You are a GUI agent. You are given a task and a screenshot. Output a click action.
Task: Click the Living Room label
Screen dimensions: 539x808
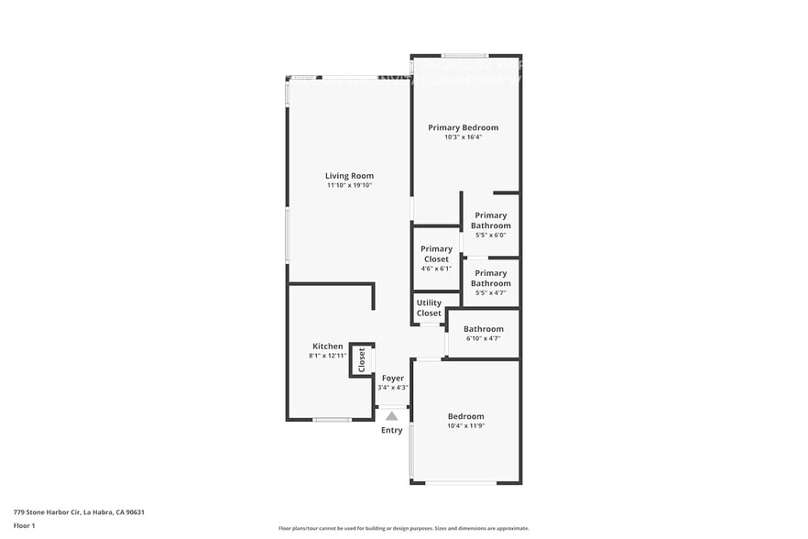point(349,176)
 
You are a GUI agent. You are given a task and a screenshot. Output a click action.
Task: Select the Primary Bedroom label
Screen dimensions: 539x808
point(463,127)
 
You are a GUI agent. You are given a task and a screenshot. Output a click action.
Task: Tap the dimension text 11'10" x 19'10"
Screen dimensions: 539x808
point(349,186)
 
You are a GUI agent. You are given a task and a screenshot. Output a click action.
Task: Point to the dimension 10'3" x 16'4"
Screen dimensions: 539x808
point(463,137)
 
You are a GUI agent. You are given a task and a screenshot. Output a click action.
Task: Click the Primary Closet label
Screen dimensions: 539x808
point(436,254)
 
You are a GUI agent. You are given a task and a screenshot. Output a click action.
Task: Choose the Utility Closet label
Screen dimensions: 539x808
point(429,308)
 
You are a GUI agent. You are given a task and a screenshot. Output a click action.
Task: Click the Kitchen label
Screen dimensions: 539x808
point(327,346)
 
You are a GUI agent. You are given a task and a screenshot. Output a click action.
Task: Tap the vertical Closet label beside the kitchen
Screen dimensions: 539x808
point(362,359)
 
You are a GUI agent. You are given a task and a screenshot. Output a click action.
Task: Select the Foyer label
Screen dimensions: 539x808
point(393,378)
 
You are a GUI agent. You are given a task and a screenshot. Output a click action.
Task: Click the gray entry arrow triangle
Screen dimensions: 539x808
point(392,416)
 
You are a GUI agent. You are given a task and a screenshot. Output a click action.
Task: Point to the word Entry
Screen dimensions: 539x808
point(392,430)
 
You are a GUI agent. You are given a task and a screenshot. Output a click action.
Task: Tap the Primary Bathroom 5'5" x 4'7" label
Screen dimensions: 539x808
point(491,278)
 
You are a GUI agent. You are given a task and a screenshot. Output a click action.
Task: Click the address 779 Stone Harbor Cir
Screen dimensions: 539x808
point(79,512)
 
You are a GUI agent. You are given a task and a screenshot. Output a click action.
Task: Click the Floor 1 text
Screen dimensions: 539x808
point(24,525)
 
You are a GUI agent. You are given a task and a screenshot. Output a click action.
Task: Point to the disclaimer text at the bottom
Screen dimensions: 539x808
point(402,528)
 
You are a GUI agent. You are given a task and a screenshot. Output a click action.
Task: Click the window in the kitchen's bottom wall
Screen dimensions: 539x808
point(331,420)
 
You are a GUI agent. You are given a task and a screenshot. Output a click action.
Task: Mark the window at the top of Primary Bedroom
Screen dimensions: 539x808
point(465,56)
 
